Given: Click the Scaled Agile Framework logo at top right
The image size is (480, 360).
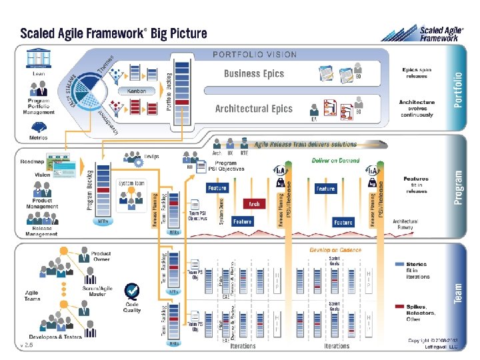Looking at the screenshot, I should click(439, 33).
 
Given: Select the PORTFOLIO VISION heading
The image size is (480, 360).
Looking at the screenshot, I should click(255, 55).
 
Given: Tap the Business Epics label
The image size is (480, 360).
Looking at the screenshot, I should click(254, 74).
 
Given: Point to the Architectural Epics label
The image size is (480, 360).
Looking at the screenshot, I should click(254, 108).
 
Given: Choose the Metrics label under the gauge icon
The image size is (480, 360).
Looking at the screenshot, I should click(39, 138).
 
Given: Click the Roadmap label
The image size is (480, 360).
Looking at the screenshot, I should click(31, 161).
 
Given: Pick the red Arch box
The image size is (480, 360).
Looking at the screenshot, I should click(253, 204).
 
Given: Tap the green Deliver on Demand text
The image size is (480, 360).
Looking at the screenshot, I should click(335, 161).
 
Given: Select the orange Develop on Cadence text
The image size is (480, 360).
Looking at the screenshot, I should click(335, 250).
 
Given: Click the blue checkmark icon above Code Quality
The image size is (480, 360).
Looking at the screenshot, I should click(133, 291).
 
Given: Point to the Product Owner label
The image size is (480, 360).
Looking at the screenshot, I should click(101, 257).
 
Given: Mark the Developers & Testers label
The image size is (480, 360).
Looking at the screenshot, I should click(56, 337).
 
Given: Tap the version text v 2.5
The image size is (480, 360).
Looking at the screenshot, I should click(27, 345).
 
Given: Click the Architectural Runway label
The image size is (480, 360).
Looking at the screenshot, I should click(405, 224).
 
